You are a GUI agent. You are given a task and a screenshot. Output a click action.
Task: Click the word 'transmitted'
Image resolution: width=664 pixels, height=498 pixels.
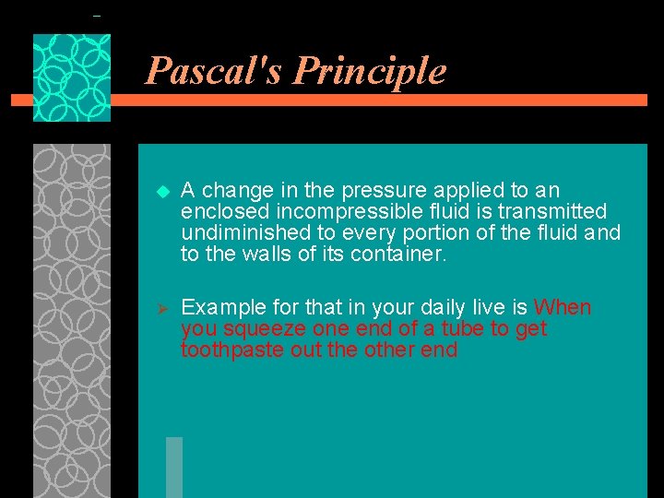pos(553,212)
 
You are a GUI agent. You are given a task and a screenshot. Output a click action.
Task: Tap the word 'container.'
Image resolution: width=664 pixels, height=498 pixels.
pos(398,255)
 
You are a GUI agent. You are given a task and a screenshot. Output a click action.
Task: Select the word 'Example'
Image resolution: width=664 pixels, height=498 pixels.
pos(219,307)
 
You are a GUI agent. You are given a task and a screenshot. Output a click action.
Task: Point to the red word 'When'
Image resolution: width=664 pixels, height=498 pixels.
pos(563,307)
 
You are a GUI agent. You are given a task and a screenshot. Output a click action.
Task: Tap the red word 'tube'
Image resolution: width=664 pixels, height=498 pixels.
pos(467,329)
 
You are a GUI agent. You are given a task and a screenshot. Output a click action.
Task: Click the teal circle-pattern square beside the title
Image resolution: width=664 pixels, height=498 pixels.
pos(72,77)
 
